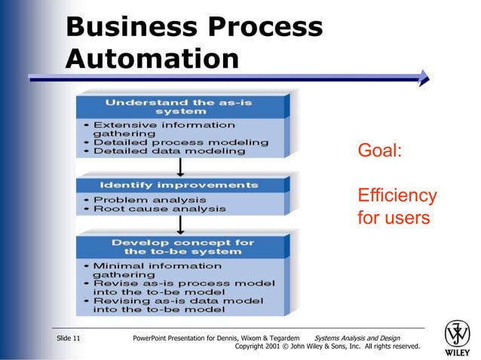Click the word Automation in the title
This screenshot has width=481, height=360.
point(152,58)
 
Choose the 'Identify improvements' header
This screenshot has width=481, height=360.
point(180,185)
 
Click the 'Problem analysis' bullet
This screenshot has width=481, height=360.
point(150,200)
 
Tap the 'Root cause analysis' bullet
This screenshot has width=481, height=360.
point(159,209)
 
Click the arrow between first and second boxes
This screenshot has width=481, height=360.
point(181,167)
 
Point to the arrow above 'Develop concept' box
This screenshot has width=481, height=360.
point(181,224)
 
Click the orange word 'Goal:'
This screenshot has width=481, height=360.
point(380,151)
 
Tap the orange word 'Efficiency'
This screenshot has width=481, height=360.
point(397,196)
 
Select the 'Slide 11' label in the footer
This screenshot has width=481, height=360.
point(69,339)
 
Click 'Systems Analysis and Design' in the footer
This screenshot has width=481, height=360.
point(357,339)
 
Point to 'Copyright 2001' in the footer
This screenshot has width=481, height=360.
point(261,347)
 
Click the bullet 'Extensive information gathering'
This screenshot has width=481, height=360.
point(164,129)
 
